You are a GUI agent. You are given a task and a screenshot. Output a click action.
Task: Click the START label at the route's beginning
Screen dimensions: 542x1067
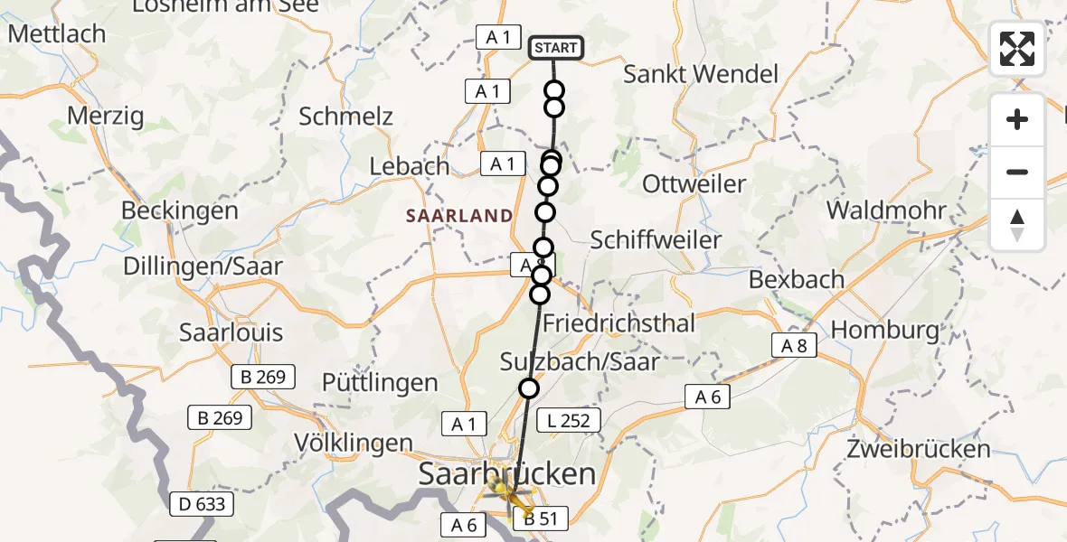(556, 48)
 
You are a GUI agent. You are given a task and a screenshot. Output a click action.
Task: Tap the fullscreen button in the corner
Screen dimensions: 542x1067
(1017, 49)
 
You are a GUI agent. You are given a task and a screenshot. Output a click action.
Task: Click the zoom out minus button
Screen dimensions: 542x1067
(1017, 172)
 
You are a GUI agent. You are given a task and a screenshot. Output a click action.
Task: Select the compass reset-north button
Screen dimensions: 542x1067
(1017, 225)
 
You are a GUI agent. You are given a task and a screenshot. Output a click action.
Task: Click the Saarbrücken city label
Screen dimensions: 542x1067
(506, 473)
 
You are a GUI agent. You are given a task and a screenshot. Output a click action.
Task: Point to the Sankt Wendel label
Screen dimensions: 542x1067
(701, 74)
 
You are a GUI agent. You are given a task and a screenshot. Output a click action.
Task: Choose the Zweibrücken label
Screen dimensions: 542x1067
(919, 449)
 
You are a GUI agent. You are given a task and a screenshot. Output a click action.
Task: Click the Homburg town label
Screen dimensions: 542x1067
(885, 330)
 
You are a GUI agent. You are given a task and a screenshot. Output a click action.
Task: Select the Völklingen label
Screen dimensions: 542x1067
(354, 444)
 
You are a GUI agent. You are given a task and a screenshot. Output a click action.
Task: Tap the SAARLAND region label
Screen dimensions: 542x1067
(459, 216)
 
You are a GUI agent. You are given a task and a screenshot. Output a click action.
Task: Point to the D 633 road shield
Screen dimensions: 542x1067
(203, 503)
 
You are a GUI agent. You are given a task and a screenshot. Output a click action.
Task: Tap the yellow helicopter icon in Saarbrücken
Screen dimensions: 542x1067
(503, 490)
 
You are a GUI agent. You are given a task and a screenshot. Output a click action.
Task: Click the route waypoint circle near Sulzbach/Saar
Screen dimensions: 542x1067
(528, 388)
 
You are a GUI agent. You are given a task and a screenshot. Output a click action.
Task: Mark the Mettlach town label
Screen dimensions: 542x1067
(57, 34)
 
